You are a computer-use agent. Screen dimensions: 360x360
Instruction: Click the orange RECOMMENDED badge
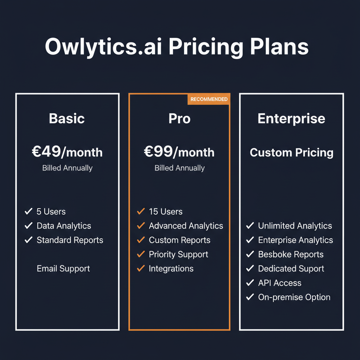click(209, 99)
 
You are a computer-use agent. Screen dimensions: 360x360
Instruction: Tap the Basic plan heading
click(67, 118)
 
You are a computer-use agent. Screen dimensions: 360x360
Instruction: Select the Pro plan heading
click(179, 118)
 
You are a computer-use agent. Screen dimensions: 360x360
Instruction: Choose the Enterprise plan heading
click(291, 118)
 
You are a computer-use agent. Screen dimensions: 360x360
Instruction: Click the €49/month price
click(67, 152)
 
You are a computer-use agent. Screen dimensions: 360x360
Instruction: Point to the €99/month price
click(179, 152)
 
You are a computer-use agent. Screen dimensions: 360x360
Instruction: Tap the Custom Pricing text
click(291, 153)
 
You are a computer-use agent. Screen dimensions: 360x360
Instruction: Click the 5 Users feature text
click(51, 212)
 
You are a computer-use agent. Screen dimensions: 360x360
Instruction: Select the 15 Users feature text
click(166, 212)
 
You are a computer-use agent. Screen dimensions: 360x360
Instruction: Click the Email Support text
click(63, 269)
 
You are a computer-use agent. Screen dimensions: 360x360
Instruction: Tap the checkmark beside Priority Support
click(141, 254)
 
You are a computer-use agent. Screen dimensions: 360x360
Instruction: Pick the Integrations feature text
click(171, 269)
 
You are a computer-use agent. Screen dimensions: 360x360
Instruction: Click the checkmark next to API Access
click(250, 283)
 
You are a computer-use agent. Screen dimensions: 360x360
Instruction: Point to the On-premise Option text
click(294, 297)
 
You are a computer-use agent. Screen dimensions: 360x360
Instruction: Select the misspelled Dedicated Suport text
click(291, 269)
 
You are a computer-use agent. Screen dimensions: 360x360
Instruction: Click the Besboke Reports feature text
click(291, 254)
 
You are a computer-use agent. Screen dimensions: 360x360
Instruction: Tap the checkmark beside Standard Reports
click(28, 240)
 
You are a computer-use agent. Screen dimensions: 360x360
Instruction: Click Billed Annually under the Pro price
click(179, 168)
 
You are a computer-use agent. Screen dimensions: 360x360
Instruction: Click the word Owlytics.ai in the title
click(103, 47)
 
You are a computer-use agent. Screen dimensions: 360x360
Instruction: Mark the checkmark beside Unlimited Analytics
click(250, 226)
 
